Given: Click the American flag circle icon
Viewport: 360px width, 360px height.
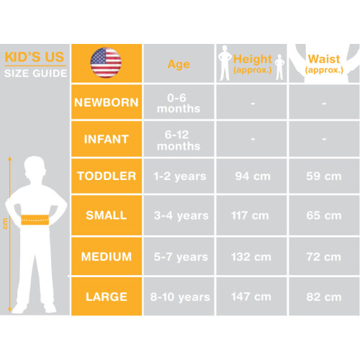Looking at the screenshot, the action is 106,63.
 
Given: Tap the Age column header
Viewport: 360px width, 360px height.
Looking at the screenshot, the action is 179,64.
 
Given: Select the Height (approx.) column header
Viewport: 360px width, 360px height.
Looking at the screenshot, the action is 253,63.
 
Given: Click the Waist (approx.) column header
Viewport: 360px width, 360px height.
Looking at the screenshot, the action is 324,63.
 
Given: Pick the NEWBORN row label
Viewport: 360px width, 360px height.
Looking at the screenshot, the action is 107,102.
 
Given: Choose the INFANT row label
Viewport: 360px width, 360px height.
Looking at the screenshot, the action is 107,139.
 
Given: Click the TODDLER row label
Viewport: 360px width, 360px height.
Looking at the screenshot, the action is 107,176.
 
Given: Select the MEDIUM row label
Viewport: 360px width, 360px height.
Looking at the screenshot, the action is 107,256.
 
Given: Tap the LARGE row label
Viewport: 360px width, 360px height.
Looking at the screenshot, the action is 107,297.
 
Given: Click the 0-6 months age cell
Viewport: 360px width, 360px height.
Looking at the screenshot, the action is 179,103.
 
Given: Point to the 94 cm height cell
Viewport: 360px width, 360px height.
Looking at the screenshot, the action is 253,176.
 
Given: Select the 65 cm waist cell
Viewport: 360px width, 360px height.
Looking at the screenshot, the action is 324,215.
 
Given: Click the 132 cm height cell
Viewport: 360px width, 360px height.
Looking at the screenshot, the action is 251,257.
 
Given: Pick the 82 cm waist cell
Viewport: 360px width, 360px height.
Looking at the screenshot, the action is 324,297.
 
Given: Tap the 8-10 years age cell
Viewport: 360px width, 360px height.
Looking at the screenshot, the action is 180,297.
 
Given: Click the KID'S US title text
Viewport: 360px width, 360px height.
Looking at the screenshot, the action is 35,57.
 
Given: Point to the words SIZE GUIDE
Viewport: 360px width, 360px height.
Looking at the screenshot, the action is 35,73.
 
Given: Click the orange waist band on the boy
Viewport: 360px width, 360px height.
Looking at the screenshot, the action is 35,220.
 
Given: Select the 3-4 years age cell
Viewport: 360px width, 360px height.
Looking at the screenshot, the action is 181,215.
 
